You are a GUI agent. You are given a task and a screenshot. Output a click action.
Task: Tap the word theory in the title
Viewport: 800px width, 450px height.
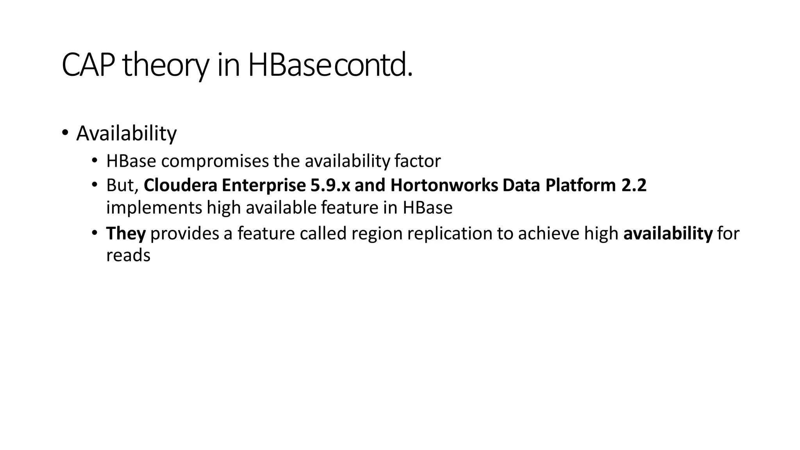pyautogui.click(x=166, y=65)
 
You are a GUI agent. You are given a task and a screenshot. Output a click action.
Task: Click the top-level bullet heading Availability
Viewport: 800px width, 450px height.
pyautogui.click(x=126, y=133)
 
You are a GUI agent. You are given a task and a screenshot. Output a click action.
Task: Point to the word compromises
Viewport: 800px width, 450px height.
pyautogui.click(x=215, y=161)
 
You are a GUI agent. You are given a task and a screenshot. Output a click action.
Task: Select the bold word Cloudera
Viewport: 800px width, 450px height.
pyautogui.click(x=180, y=185)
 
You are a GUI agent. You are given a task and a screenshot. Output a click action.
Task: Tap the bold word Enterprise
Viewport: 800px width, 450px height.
pyautogui.click(x=264, y=185)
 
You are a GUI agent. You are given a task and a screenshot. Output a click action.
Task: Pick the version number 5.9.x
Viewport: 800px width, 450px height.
pyautogui.click(x=330, y=185)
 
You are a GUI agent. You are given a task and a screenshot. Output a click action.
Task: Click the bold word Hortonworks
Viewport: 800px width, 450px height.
pyautogui.click(x=444, y=185)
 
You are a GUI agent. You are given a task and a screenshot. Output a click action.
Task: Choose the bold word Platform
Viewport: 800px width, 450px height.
pyautogui.click(x=580, y=185)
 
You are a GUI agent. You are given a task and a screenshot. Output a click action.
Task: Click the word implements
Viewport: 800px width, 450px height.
pyautogui.click(x=154, y=208)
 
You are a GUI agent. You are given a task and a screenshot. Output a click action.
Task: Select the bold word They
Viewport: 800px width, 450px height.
pyautogui.click(x=126, y=234)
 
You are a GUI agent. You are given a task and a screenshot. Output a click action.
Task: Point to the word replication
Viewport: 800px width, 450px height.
pyautogui.click(x=449, y=234)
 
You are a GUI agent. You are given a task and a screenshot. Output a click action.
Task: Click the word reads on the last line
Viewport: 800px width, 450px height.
pyautogui.click(x=128, y=256)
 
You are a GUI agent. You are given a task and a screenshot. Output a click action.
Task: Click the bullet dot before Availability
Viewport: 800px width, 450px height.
pyautogui.click(x=65, y=132)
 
